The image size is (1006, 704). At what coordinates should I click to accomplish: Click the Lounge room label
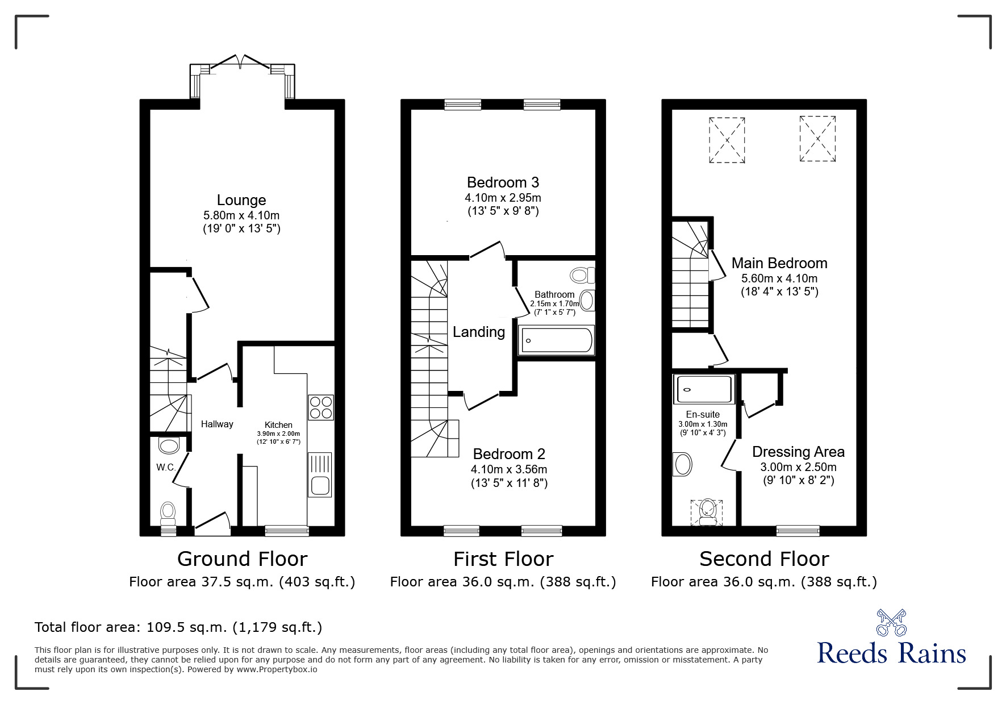(x=241, y=200)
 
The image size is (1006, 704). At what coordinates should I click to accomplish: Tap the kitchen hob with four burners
(x=320, y=407)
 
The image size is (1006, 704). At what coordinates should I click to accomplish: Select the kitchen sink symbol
(x=320, y=475)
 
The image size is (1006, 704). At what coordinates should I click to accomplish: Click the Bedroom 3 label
(x=503, y=182)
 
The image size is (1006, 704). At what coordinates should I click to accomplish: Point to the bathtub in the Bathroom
(x=557, y=340)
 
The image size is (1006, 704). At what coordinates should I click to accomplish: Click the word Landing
(x=479, y=332)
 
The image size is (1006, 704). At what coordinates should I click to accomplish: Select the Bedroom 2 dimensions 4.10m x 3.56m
(x=509, y=469)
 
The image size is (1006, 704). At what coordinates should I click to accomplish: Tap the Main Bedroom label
(x=779, y=263)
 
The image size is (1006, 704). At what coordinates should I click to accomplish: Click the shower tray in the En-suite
(x=704, y=389)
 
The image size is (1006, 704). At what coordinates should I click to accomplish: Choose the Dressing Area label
(x=798, y=452)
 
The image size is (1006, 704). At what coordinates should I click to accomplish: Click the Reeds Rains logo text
(x=891, y=653)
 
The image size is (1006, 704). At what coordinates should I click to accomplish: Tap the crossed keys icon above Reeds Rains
(x=891, y=622)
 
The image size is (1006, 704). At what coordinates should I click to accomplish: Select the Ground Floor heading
(x=242, y=559)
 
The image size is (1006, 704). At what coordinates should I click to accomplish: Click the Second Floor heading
(x=764, y=559)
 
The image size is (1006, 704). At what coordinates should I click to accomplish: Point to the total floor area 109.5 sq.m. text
(x=178, y=627)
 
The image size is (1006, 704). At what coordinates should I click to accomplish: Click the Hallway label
(x=217, y=424)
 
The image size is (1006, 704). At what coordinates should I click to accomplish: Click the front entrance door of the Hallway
(x=212, y=524)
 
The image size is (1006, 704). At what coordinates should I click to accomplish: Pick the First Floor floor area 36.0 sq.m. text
(x=503, y=582)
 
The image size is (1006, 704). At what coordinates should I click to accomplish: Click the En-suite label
(x=703, y=415)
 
